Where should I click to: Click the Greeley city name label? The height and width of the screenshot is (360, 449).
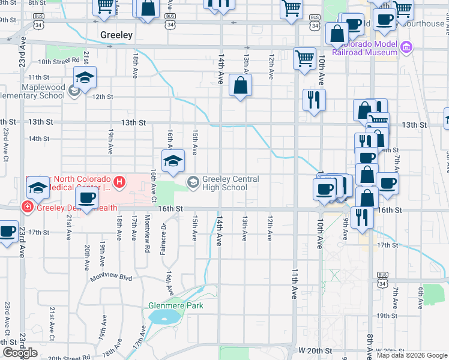[116, 35]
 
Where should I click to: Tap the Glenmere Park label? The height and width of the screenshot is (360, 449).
[176, 305]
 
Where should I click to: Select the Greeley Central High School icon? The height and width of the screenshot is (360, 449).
[193, 181]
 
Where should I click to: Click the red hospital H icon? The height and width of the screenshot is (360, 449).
[120, 181]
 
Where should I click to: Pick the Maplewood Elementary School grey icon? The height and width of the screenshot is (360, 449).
[74, 91]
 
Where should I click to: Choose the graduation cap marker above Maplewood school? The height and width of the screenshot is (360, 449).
[85, 77]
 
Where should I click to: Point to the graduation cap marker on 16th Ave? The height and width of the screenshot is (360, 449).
[172, 161]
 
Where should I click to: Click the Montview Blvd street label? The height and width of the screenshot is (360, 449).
[110, 278]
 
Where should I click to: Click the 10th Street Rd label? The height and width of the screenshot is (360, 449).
[59, 61]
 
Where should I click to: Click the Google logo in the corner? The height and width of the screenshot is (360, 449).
[20, 353]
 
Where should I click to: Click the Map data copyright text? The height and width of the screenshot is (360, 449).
[412, 355]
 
